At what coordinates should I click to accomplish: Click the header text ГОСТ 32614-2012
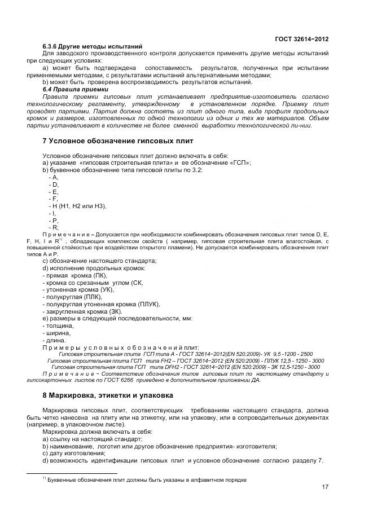[301, 38]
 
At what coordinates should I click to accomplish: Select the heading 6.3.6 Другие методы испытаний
[92, 46]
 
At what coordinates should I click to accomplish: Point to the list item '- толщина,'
[58, 325]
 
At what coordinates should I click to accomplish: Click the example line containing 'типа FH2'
[186, 360]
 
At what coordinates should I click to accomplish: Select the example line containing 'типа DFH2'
[186, 367]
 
